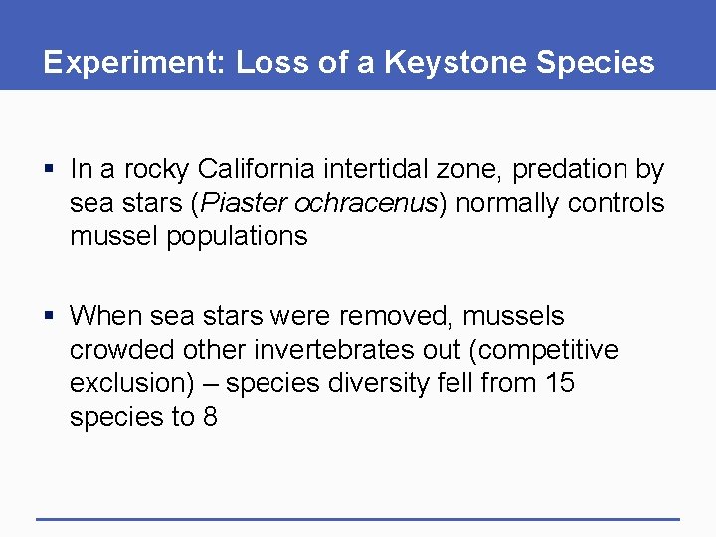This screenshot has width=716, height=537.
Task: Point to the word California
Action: (x=254, y=170)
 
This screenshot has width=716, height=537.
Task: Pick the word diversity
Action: (x=377, y=383)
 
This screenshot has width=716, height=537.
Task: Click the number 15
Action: (x=558, y=383)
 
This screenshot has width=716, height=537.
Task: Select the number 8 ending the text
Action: (x=209, y=416)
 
